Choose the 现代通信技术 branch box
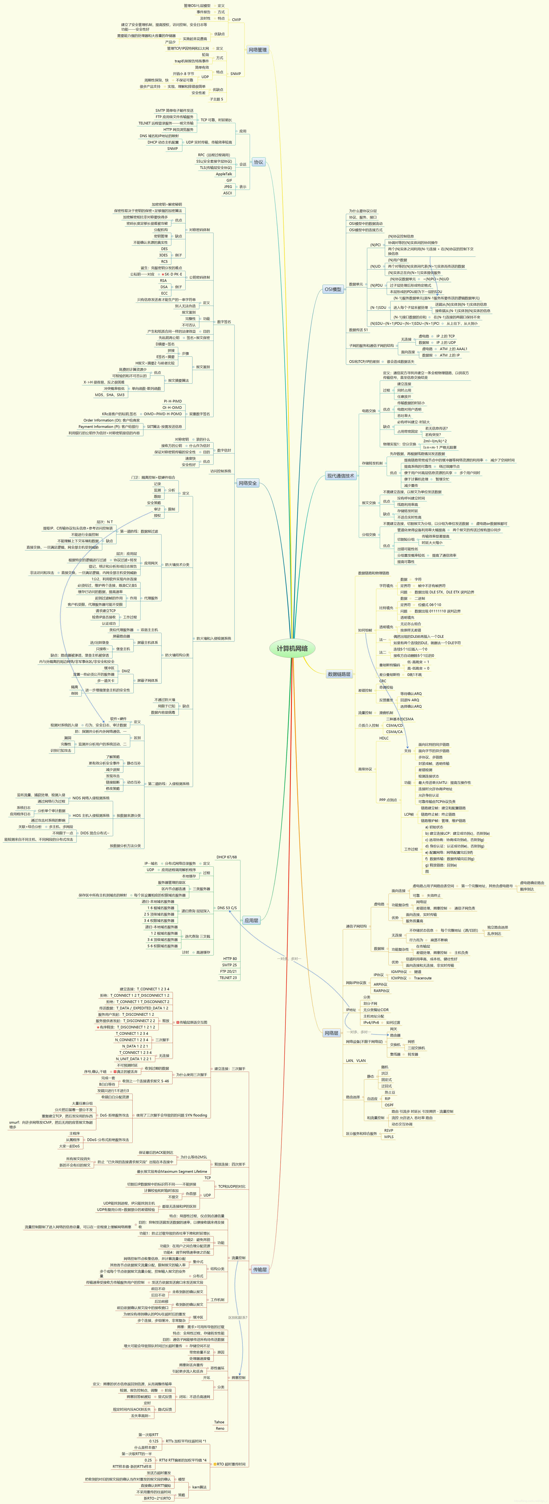pos(340,476)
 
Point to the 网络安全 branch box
pos(247,483)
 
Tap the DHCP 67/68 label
pos(226,857)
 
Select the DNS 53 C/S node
pos(227,908)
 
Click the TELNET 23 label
pos(228,977)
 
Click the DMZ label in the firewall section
pos(125,671)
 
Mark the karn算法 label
pos(199,1487)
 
